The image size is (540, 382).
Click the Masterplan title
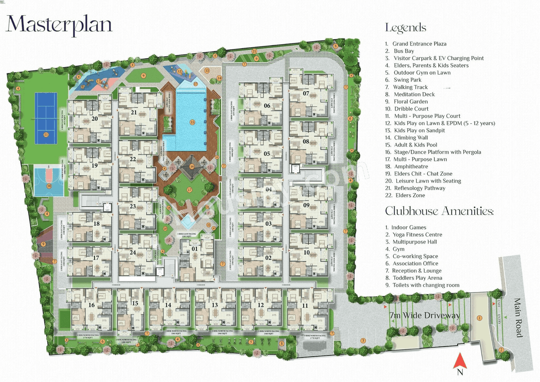[x=59, y=24]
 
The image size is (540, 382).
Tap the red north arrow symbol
[x=460, y=362]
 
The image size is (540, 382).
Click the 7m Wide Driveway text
[x=424, y=315]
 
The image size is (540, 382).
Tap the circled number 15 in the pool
[x=192, y=122]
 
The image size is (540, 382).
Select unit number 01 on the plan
[x=194, y=249]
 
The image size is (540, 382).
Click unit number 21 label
[x=134, y=112]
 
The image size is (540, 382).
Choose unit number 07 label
[x=306, y=93]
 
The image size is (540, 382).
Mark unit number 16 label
[x=91, y=305]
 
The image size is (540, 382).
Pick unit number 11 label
[x=305, y=305]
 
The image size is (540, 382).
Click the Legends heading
[x=405, y=28]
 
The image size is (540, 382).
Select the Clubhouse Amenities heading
[x=439, y=211]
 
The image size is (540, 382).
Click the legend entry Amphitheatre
[x=410, y=166]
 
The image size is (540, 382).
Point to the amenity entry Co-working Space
[x=415, y=256]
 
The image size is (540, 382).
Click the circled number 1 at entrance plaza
[x=479, y=317]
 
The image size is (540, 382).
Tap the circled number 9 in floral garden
[x=143, y=76]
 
